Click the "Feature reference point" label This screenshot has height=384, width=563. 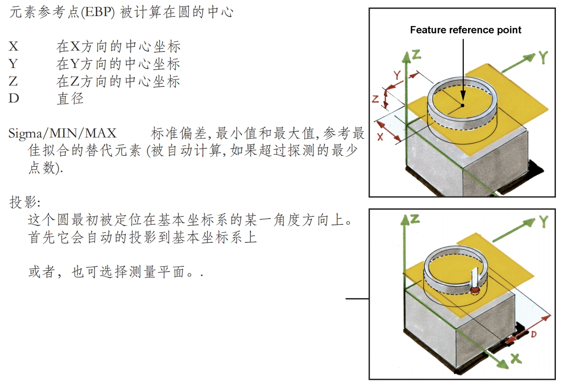[x=465, y=30]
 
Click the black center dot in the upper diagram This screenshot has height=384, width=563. [x=463, y=105]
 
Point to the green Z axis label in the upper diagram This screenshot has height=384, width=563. [x=416, y=54]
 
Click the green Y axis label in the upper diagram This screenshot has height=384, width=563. [x=543, y=57]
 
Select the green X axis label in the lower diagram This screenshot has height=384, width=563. [x=516, y=359]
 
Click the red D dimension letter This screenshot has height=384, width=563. [x=532, y=334]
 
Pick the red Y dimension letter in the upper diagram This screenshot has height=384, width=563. [x=397, y=74]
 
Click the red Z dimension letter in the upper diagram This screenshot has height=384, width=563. [x=375, y=99]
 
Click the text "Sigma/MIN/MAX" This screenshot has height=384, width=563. [x=62, y=133]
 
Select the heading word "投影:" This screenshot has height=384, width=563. [x=25, y=203]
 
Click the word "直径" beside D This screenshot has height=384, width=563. [x=70, y=99]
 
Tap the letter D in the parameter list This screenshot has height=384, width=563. [x=14, y=99]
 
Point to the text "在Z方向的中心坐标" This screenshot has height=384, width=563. [x=118, y=81]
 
